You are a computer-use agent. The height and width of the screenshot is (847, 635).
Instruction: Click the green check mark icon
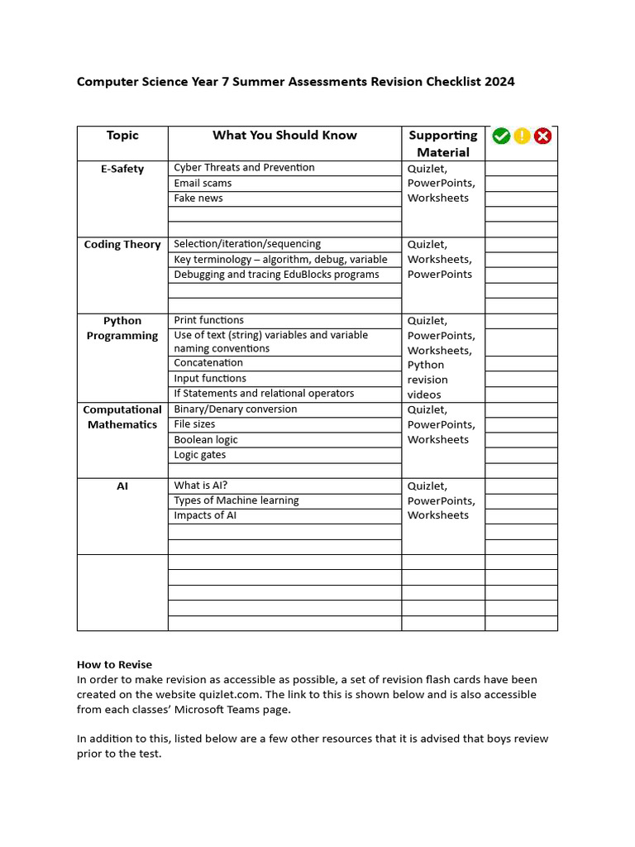[501, 136]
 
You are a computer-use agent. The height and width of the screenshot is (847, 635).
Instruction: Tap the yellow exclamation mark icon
[522, 136]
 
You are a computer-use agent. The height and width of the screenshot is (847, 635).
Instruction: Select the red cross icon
[542, 136]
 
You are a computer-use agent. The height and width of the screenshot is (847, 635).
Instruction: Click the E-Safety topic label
[122, 169]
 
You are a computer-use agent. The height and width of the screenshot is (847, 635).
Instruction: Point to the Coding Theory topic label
[122, 245]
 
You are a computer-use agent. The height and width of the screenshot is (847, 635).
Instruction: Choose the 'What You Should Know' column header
[284, 136]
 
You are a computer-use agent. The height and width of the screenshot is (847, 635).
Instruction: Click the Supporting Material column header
[443, 144]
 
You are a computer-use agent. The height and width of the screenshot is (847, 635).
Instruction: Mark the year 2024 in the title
[499, 81]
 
